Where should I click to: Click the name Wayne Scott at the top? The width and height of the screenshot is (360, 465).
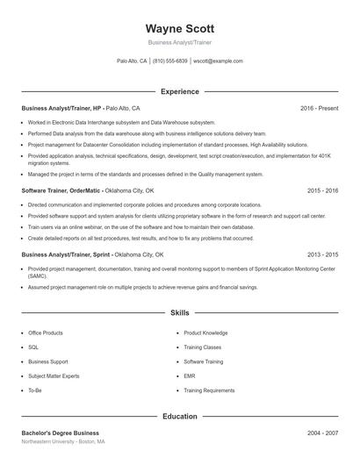coord(179,27)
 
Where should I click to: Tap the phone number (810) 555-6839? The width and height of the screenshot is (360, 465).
coord(170,61)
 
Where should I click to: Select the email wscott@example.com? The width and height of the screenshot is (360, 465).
coord(219,61)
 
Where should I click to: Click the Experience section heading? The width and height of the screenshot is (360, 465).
coord(179,91)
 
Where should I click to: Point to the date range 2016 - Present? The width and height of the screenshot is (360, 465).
coord(320,108)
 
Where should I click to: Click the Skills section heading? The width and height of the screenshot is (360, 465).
coord(179,312)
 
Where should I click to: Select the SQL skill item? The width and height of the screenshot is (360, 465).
coord(33,347)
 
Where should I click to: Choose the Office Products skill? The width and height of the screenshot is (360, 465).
coord(46,333)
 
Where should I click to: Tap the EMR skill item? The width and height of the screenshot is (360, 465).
coord(190,376)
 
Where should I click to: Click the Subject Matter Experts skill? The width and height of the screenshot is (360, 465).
coord(53,376)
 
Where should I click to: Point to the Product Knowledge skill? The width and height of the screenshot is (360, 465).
coord(205,333)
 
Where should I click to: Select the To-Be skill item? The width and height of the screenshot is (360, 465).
coord(35,390)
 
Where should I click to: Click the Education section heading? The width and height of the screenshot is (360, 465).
coord(179,416)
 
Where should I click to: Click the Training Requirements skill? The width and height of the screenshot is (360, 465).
coord(209,390)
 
